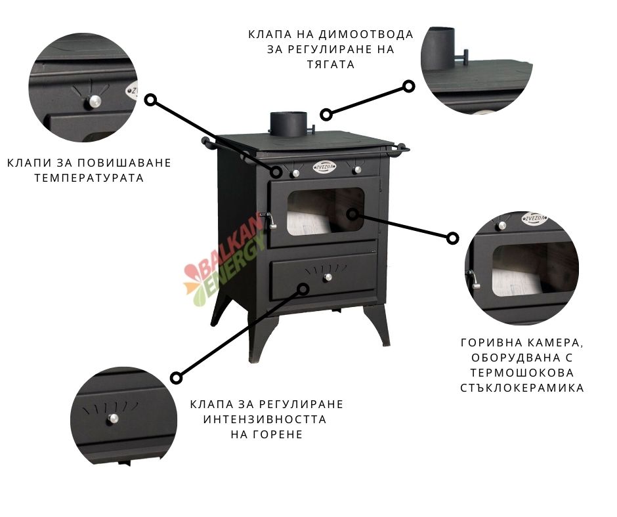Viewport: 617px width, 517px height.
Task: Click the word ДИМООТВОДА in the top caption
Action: tap(366, 35)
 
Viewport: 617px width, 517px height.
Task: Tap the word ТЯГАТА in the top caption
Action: tap(331, 64)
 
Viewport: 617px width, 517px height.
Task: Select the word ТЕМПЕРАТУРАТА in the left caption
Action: tap(89, 178)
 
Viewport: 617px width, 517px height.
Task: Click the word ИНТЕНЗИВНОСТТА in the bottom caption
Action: tap(265, 419)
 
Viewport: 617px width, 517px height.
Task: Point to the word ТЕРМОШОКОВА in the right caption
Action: tap(522, 373)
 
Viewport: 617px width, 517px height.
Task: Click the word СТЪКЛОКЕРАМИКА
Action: tap(522, 388)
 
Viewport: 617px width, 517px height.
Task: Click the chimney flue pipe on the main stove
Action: tap(288, 123)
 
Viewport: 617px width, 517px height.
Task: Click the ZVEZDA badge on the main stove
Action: tap(325, 167)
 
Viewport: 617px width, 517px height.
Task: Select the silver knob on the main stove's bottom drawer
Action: tap(328, 278)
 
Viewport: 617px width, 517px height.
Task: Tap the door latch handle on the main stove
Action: tap(270, 220)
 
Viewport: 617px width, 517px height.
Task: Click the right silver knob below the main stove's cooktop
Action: tap(357, 169)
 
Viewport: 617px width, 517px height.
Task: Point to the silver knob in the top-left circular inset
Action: tap(94, 102)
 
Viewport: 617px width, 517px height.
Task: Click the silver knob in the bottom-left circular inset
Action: tap(114, 419)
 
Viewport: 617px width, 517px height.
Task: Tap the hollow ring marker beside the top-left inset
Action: tap(150, 100)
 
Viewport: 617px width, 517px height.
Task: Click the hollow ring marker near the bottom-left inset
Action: tap(177, 378)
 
